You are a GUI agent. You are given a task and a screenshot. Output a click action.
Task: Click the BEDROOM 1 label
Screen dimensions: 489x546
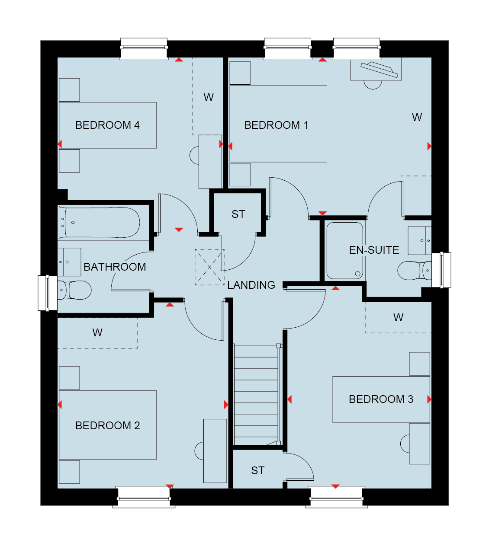(x=276, y=125)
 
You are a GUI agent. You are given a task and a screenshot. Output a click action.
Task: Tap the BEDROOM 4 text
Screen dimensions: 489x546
(x=107, y=125)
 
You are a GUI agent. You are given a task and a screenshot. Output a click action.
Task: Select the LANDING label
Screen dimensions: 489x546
(x=251, y=285)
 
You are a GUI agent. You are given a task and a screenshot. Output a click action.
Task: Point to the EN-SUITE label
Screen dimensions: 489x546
(x=374, y=250)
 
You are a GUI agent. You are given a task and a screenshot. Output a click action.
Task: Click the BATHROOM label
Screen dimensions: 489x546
(x=115, y=267)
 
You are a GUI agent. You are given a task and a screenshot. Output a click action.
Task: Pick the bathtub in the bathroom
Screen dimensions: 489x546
(x=99, y=223)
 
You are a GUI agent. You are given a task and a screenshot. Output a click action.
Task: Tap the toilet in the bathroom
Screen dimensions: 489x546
(x=74, y=290)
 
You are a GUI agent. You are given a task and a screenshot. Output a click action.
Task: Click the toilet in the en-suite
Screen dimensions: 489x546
(x=415, y=270)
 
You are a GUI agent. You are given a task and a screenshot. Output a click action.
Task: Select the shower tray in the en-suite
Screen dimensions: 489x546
(x=345, y=251)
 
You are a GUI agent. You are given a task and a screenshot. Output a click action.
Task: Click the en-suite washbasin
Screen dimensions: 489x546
(x=420, y=241)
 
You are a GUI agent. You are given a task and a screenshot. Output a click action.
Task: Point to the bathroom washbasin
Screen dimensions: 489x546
(x=69, y=262)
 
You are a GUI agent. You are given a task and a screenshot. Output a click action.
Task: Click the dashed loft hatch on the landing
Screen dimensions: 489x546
(x=210, y=267)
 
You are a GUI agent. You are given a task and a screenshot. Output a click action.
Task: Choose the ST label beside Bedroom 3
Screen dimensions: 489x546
(x=258, y=470)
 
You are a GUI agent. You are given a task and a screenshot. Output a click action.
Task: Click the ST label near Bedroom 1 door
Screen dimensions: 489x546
(x=238, y=214)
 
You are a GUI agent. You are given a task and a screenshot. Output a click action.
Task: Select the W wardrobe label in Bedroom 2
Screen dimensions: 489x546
(x=97, y=332)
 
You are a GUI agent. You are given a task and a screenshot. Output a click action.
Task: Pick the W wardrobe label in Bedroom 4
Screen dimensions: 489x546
(x=209, y=97)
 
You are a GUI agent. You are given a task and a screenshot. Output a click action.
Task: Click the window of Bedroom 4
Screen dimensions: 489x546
(x=144, y=49)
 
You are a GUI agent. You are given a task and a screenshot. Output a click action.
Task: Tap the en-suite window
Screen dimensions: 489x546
(x=441, y=270)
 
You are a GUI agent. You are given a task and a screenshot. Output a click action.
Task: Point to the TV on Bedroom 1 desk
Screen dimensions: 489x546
(x=380, y=70)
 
